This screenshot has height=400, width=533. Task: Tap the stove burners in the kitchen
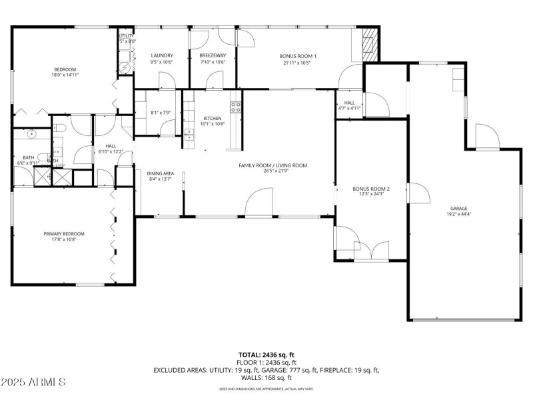[235, 107]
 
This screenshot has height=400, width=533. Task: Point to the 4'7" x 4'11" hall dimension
[349, 108]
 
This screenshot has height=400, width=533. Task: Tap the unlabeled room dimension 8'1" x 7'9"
[161, 112]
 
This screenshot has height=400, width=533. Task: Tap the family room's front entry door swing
[259, 203]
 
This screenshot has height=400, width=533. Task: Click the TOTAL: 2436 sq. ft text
[266, 355]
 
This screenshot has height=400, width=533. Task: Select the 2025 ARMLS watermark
[33, 383]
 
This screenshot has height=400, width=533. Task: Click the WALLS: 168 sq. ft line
[266, 377]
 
